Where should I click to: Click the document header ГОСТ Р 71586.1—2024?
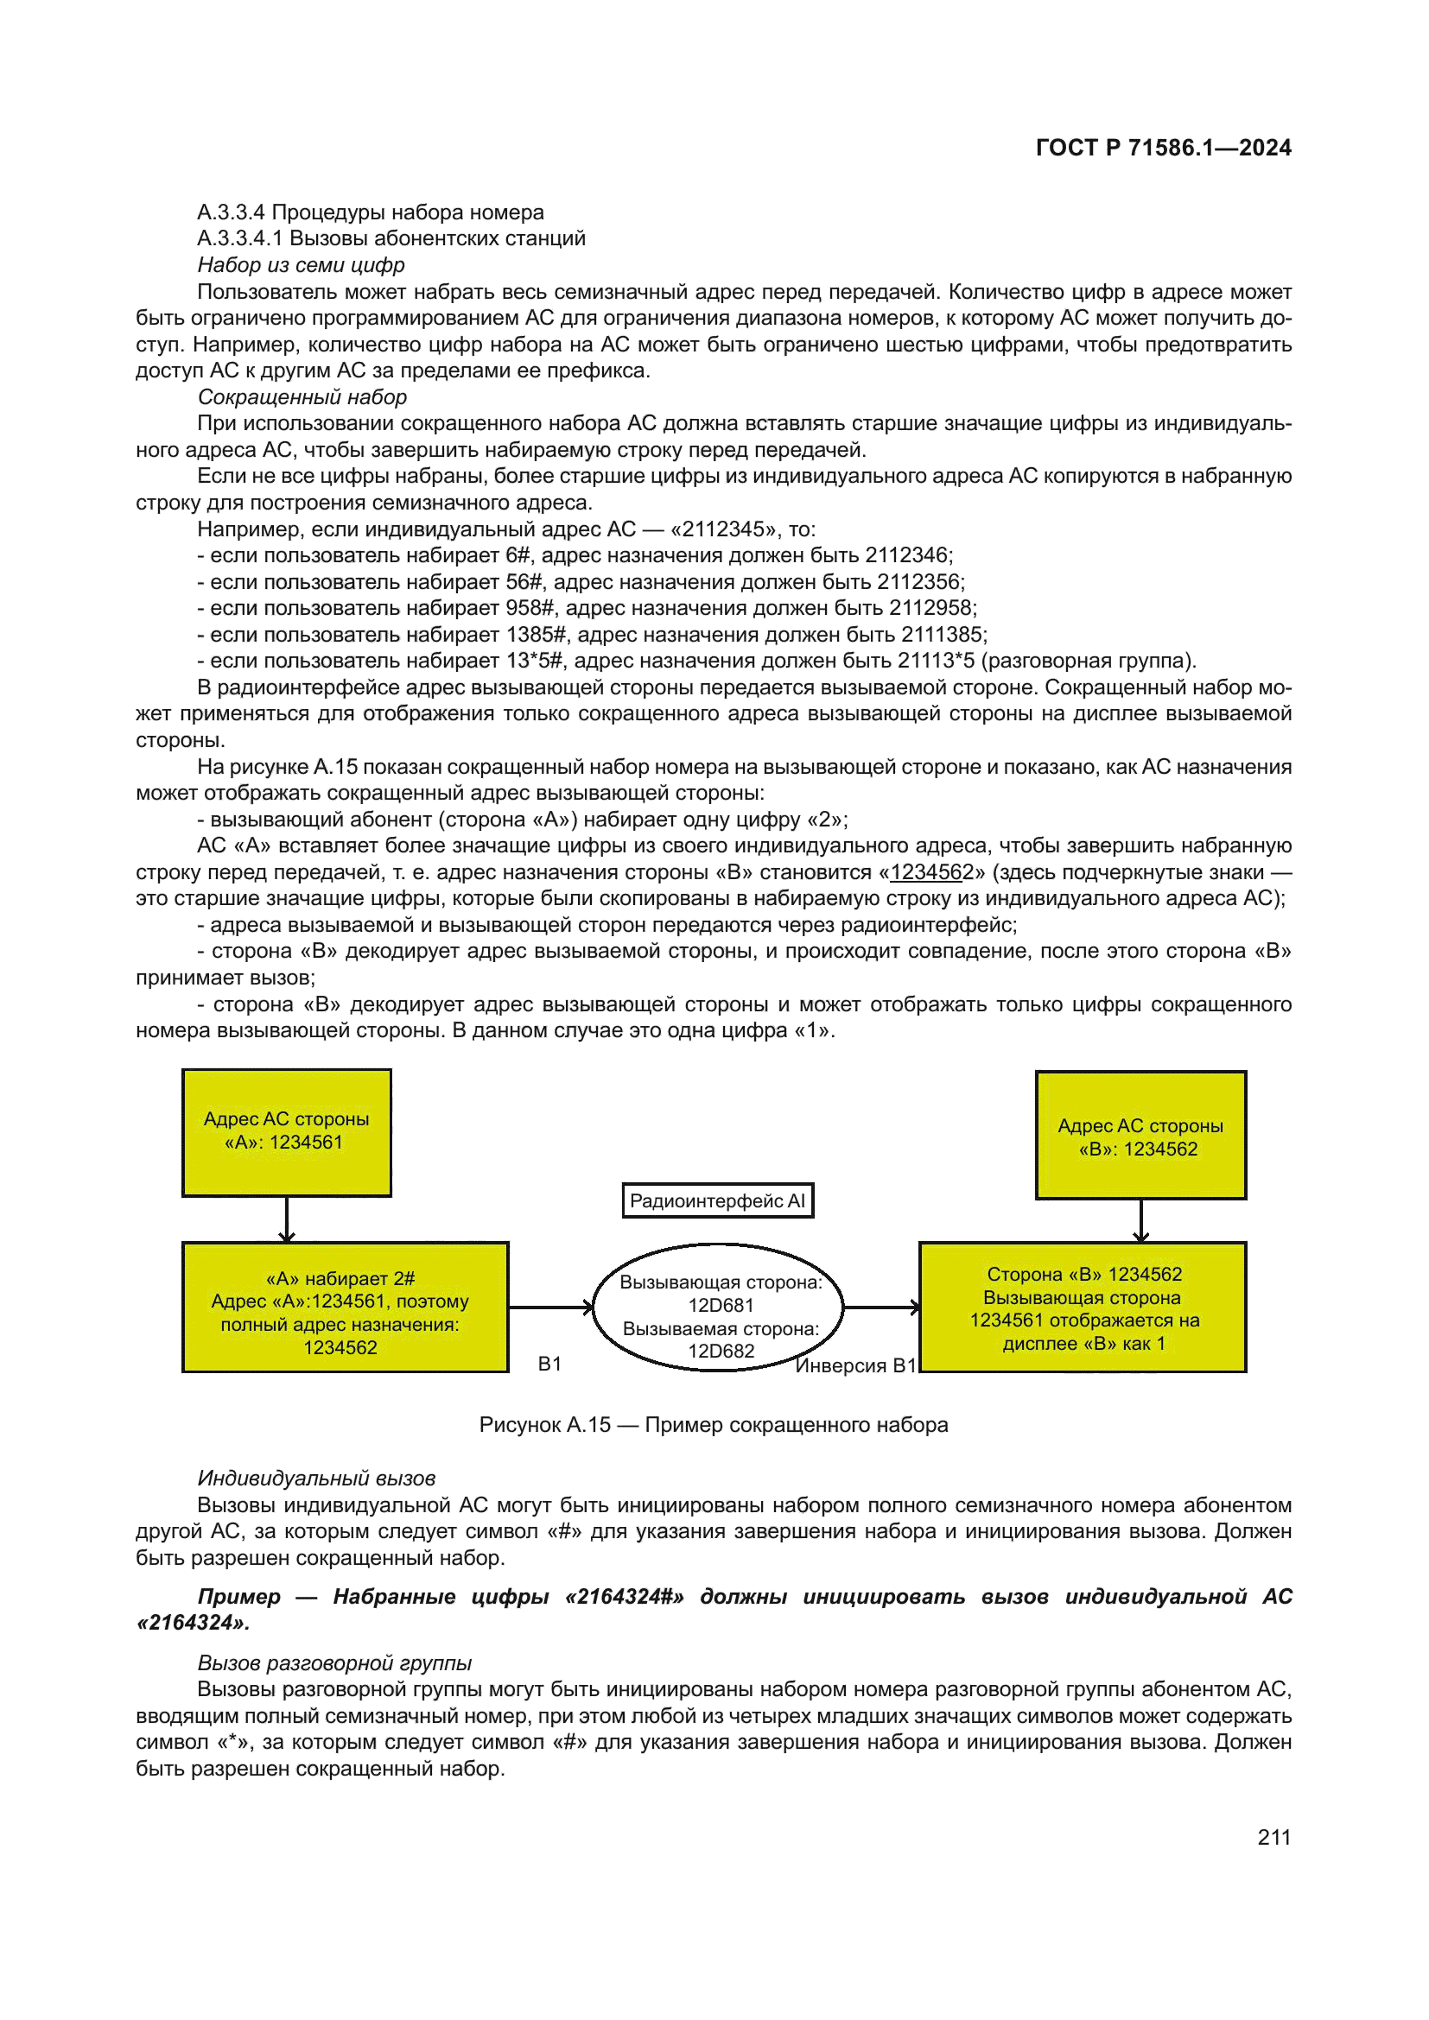pos(1162,148)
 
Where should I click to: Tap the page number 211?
pos(1273,1837)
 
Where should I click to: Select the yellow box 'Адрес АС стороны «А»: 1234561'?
pos(286,1132)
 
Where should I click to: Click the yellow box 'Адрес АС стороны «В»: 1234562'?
pos(1140,1136)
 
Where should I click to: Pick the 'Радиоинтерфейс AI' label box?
pos(717,1201)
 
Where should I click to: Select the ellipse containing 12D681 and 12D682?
pos(718,1308)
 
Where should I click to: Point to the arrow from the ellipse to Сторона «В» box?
pos(880,1308)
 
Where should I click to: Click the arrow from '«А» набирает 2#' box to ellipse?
pos(551,1308)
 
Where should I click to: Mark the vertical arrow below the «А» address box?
pos(287,1219)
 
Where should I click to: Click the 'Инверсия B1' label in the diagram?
pos(855,1365)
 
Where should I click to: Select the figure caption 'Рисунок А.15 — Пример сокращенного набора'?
pos(713,1424)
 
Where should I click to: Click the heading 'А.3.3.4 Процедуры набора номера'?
pos(371,212)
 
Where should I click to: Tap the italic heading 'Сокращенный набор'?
pos(302,396)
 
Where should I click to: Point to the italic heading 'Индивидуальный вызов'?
pos(316,1478)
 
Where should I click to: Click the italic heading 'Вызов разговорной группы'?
pos(334,1662)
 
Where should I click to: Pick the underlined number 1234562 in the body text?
pos(931,872)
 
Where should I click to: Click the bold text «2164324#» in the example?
pos(624,1597)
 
